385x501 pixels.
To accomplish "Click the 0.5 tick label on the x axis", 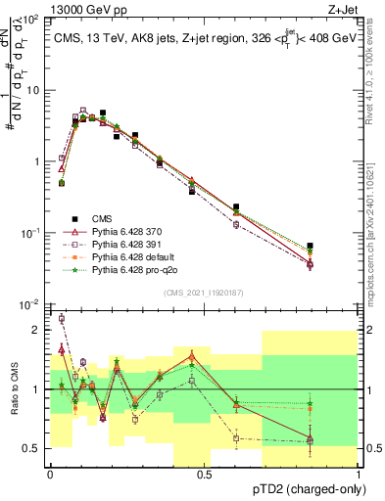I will click(204, 473).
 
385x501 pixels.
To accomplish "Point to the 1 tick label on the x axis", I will click(359, 473).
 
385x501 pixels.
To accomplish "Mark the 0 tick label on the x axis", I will click(50, 473).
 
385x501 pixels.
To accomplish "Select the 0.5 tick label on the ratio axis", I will click(33, 448).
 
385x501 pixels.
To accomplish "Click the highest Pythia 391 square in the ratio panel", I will click(62, 318).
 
